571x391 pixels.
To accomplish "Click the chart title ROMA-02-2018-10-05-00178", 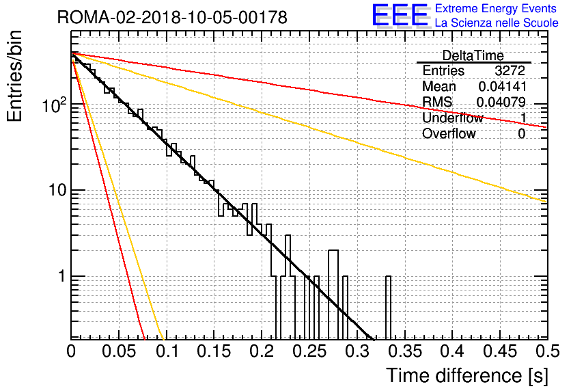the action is tap(172, 18).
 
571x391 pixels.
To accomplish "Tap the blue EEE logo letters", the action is tap(400, 14).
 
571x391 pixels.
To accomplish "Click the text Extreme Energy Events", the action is tap(496, 8).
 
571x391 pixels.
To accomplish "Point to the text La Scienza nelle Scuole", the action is tap(497, 23).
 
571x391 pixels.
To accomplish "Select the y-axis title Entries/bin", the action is tap(14, 76).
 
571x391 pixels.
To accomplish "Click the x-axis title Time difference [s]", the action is tap(467, 376).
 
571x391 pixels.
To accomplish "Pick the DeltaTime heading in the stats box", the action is tap(473, 55).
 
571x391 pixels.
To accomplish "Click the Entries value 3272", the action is tap(510, 70).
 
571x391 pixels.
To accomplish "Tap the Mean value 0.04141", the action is tap(503, 86).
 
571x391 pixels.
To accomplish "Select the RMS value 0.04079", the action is tap(501, 102).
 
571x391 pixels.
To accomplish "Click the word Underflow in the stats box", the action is tap(453, 118).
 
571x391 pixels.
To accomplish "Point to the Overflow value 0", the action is tap(521, 134).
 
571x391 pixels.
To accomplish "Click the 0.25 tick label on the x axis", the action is tap(309, 351).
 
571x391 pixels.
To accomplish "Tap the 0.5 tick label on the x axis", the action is tap(548, 351).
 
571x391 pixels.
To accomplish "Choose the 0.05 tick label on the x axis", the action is tap(119, 351).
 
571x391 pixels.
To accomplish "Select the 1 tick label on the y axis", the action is tap(61, 277).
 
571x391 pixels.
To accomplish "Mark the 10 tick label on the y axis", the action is tap(57, 190).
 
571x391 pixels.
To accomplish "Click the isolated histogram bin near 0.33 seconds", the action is tap(388, 308).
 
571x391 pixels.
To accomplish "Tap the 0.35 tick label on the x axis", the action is tap(405, 351).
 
